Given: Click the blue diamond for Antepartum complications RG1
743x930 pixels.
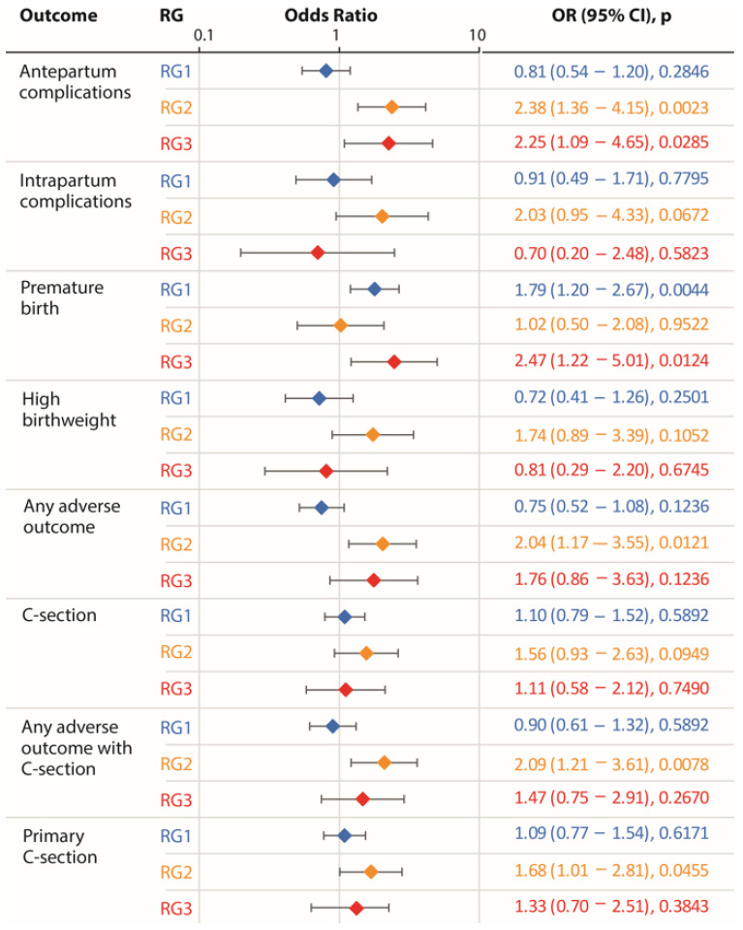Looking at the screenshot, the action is point(325,71).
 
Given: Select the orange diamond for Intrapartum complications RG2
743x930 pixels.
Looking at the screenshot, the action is point(382,216).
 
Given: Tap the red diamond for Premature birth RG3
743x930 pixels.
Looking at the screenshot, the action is point(393,361).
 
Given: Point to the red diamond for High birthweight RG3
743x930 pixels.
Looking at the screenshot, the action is point(325,471).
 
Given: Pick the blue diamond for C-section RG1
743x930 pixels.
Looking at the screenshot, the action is point(345,617).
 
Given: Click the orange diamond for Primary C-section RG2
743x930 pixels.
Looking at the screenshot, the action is point(371,872).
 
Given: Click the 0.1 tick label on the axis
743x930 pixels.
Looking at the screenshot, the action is point(203,35).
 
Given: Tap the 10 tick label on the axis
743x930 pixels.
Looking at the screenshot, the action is point(477,35).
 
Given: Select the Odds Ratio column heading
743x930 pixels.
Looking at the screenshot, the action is point(331,15).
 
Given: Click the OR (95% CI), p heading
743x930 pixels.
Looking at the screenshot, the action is point(611,15).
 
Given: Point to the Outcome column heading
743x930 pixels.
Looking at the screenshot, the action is point(58,15).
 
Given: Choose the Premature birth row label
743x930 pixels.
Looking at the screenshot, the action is point(62,297).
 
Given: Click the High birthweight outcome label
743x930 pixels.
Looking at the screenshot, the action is point(69,409).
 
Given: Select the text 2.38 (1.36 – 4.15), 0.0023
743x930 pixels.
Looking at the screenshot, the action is point(611,108).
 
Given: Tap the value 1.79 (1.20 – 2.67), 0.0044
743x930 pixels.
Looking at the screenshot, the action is point(611,290).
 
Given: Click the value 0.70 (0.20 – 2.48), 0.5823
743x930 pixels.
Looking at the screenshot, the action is point(611,253).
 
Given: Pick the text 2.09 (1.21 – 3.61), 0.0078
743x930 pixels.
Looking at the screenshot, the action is point(611,764).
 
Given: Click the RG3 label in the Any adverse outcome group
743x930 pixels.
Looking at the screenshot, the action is point(176,580).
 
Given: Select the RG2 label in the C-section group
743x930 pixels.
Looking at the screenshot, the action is point(176,652).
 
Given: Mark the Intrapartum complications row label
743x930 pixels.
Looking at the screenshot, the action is point(76,191).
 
